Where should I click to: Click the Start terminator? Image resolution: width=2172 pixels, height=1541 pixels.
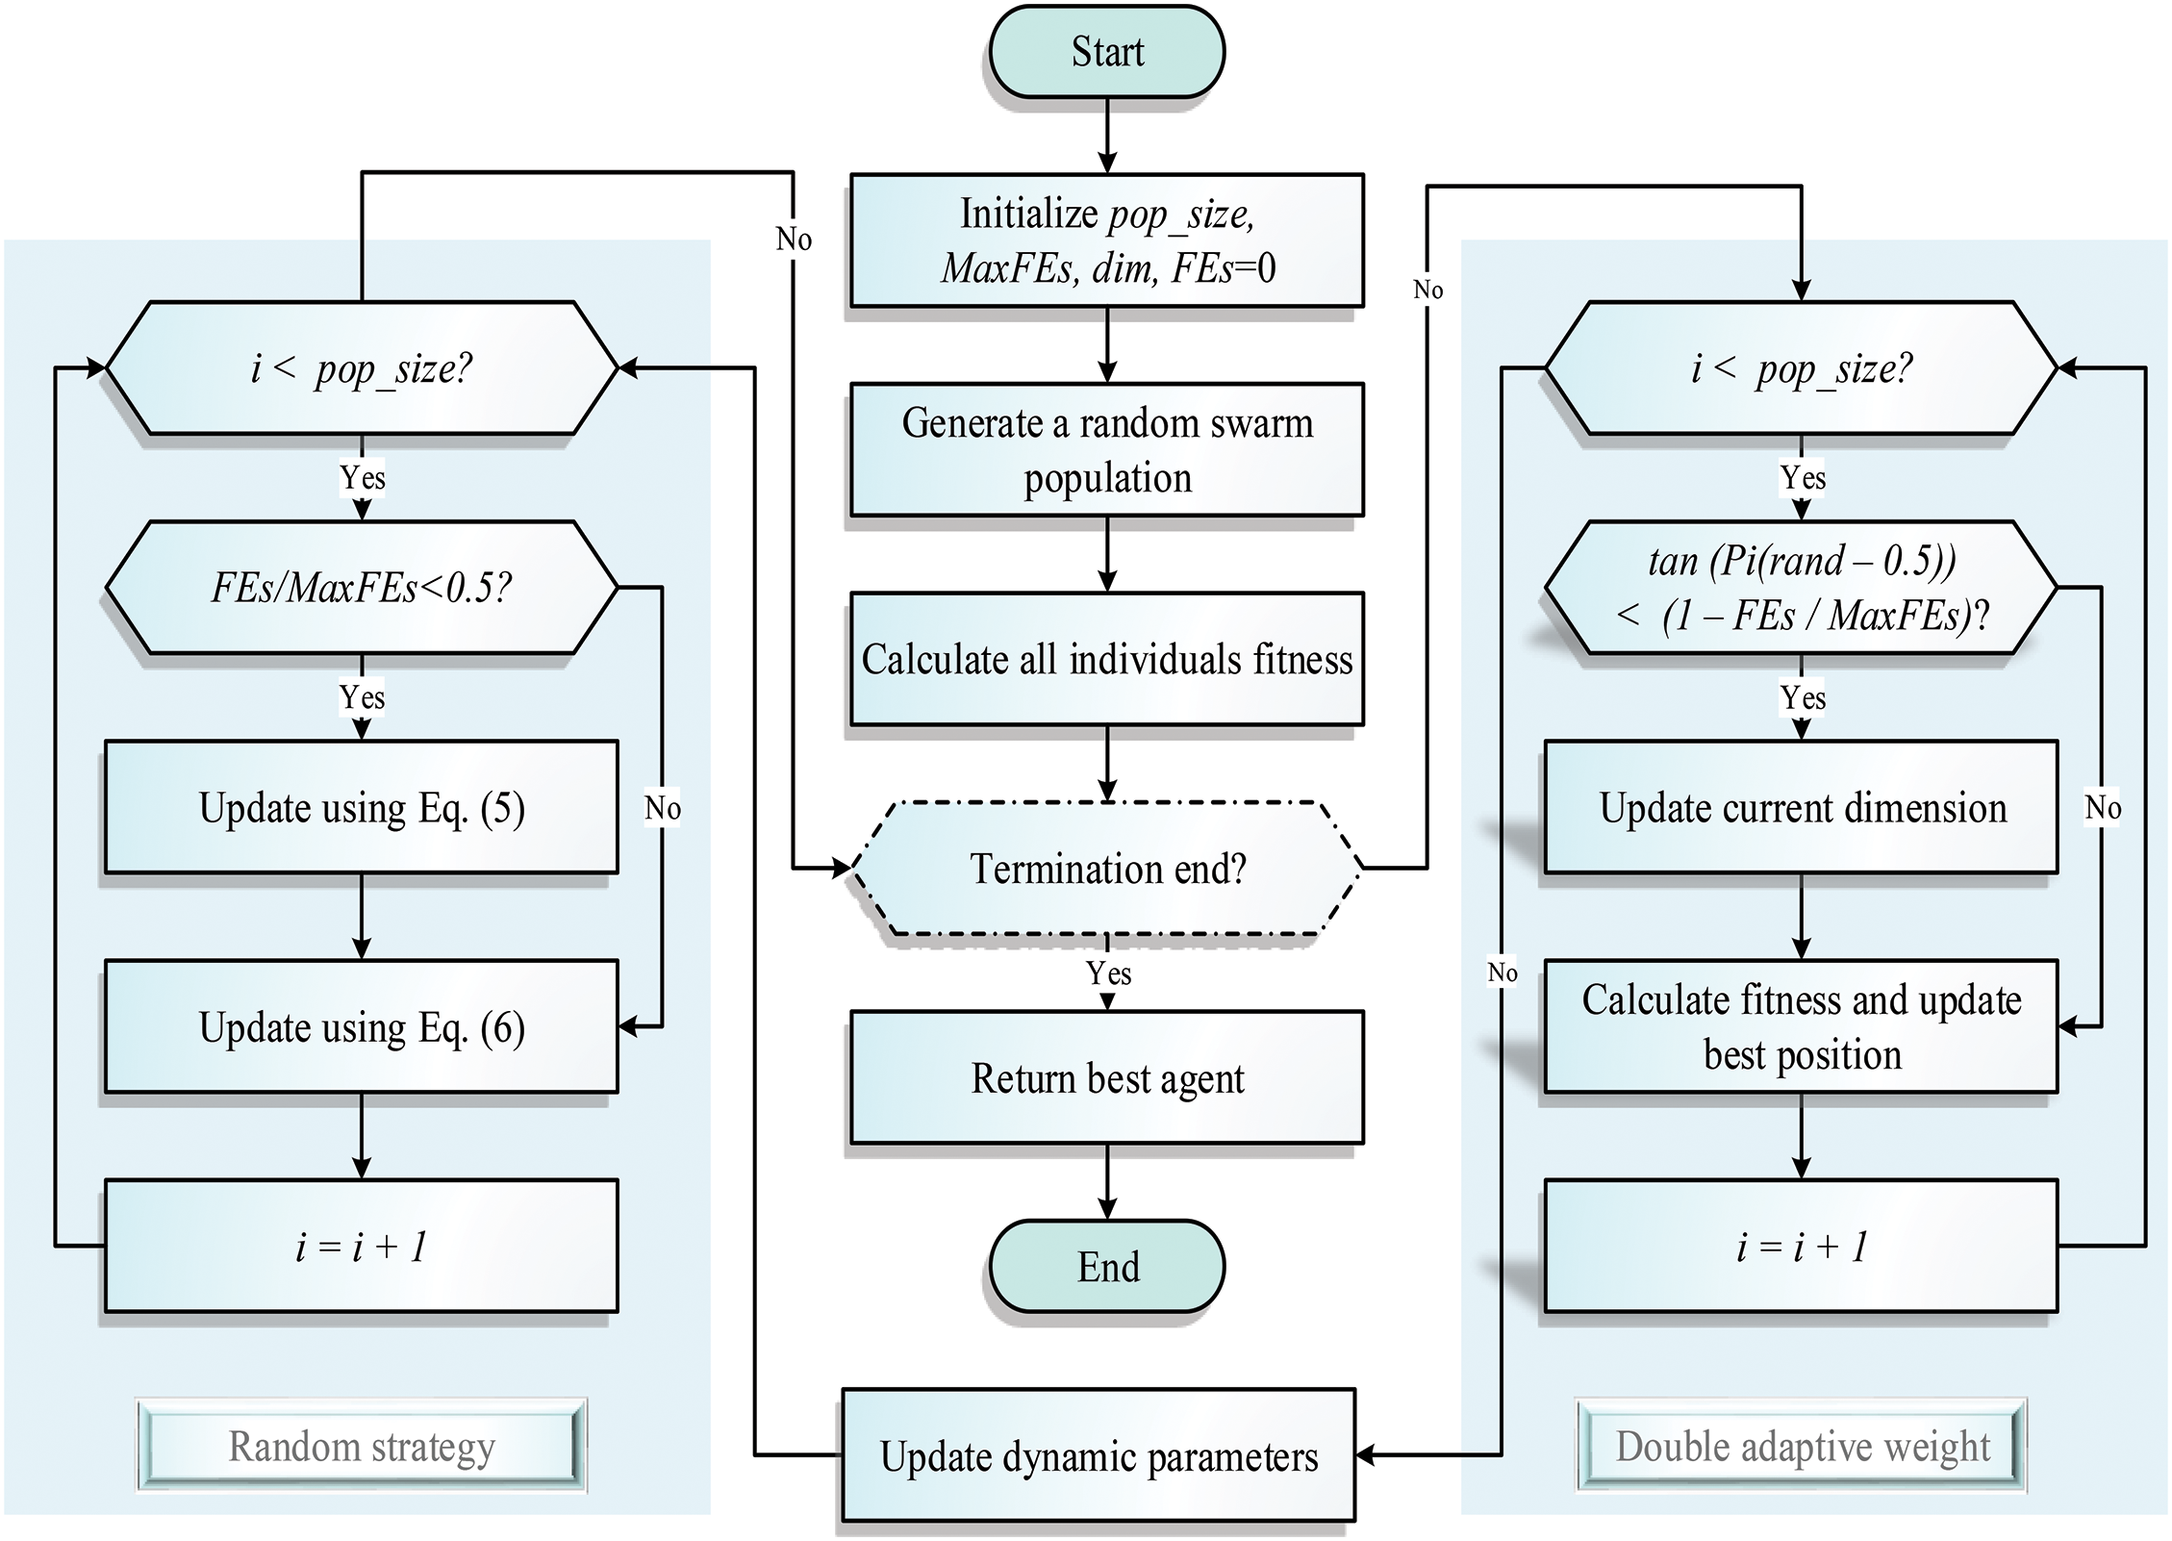1106,52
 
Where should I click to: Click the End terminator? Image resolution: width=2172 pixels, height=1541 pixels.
1106,1266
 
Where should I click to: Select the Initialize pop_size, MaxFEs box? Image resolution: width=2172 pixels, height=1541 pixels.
1106,240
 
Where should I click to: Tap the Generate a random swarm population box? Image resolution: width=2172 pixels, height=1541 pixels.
1106,449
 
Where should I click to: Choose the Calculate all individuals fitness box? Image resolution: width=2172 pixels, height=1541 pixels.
1106,659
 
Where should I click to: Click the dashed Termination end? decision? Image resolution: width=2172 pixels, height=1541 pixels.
1106,869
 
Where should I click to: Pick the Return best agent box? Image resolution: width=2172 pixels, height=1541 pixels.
1106,1077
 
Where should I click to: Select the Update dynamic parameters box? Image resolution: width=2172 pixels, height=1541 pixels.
1099,1455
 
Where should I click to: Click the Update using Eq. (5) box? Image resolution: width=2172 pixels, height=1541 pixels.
361,807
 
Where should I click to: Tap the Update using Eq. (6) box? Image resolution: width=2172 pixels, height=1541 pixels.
361,1026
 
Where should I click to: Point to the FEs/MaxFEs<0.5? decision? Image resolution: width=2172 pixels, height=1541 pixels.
361,588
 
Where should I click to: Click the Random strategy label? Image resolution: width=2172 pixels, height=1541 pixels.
361,1446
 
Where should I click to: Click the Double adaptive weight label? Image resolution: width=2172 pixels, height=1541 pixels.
1802,1446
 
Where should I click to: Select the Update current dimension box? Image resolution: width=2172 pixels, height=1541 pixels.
1802,807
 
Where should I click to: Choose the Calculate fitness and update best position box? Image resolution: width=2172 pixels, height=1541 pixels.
1802,1026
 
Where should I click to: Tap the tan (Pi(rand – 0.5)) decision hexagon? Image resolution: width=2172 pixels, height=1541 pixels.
1802,588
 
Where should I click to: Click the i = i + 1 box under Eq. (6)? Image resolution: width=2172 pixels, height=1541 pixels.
361,1246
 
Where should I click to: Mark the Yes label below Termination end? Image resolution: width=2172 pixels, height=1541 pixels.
1108,973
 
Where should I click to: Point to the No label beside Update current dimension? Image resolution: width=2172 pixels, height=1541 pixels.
2103,807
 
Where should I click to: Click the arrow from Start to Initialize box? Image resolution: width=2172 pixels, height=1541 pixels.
1107,136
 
